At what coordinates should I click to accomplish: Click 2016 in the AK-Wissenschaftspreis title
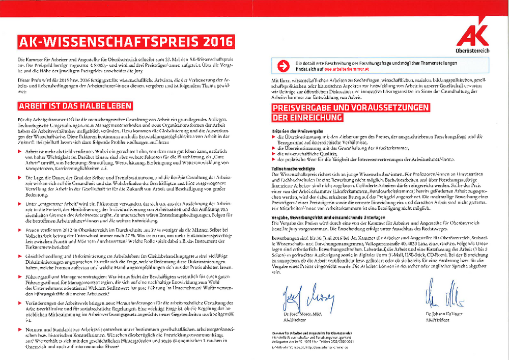coord(212,41)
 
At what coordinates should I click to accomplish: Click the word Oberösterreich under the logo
coord(473,52)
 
